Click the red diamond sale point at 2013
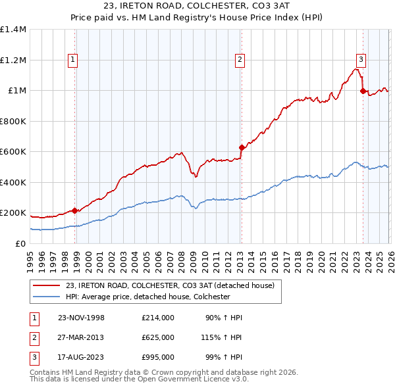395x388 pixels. click(x=242, y=147)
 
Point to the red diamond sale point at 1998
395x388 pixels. click(x=75, y=210)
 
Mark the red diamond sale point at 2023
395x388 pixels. click(x=363, y=91)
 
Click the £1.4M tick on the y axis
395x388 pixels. click(x=13, y=30)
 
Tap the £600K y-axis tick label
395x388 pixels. click(x=13, y=152)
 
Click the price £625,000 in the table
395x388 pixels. click(x=157, y=337)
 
